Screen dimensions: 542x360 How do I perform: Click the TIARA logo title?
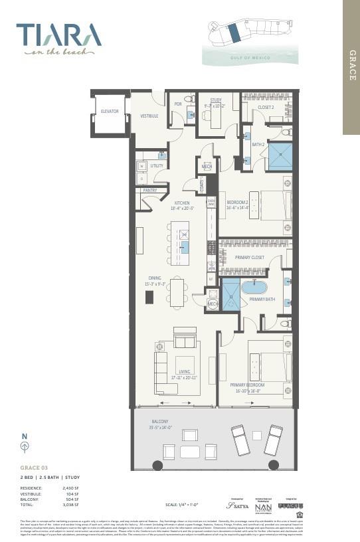[x=58, y=34]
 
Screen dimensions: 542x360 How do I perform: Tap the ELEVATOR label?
[x=110, y=112]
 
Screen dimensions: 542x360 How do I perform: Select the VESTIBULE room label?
[x=149, y=116]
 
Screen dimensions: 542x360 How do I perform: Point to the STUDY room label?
[x=216, y=100]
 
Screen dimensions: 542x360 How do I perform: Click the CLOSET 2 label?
[x=266, y=107]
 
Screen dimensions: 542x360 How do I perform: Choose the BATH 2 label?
[x=258, y=144]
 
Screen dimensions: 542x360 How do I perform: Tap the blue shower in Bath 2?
[x=280, y=157]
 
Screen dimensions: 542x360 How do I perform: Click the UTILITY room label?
[x=157, y=165]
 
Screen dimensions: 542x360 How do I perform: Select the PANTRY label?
[x=150, y=190]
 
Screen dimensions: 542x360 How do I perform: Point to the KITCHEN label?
[x=182, y=203]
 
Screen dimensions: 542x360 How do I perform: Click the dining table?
[x=177, y=293]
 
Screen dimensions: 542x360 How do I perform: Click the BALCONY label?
[x=159, y=421]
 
